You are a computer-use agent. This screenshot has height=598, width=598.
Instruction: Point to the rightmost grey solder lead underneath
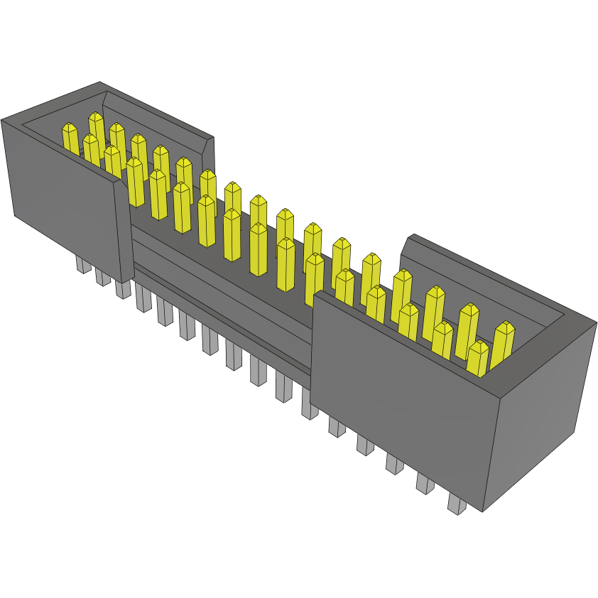(457, 504)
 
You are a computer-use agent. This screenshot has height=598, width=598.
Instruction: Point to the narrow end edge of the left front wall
(125, 231)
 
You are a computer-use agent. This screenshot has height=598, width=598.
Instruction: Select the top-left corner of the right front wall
(314, 293)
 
